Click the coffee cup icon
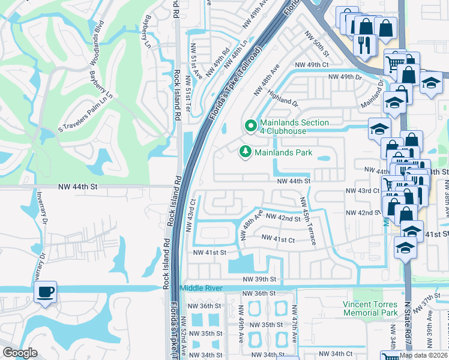point(46,292)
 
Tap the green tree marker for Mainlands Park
point(245,152)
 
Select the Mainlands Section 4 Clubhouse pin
point(251,126)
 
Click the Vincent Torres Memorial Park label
point(370,308)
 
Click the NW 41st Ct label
point(278,239)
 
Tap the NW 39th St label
point(259,279)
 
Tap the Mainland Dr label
point(373,98)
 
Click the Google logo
point(20,353)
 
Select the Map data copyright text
point(424,355)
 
